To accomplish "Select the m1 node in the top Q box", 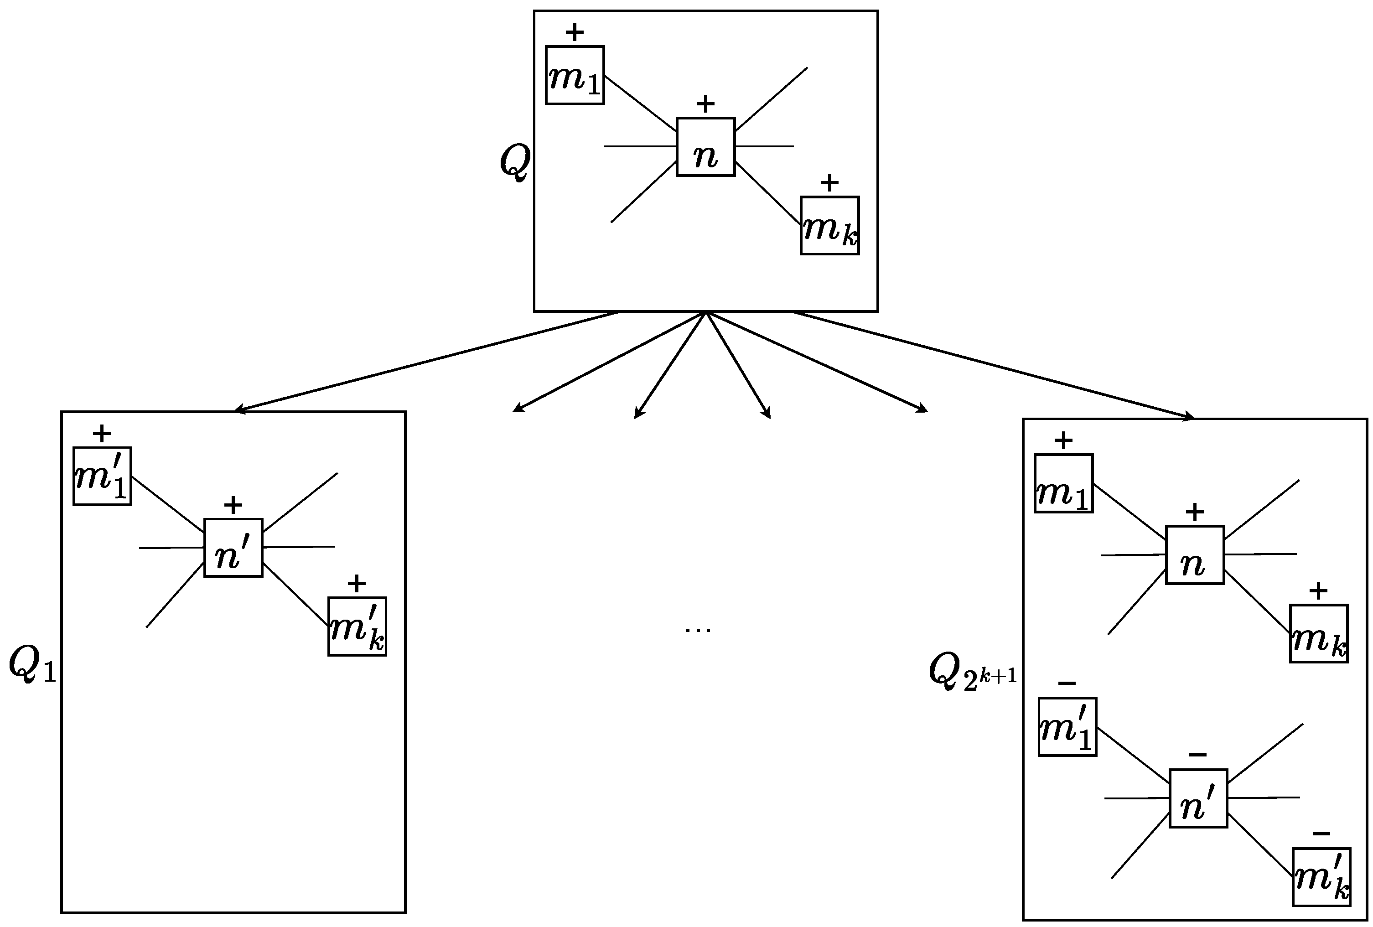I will point(574,75).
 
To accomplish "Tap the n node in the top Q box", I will point(705,147).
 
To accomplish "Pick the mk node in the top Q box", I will point(829,226).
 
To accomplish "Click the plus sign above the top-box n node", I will point(705,104).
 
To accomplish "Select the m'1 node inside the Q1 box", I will point(102,476).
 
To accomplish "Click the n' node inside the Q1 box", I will point(233,548).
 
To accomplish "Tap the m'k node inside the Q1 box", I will point(357,626).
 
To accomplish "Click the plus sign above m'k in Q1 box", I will point(357,584).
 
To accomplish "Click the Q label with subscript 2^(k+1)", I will point(972,673).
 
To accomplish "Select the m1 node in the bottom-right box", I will point(1063,483).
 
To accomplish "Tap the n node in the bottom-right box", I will point(1195,555).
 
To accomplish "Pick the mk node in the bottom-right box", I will point(1319,633).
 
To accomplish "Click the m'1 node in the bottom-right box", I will point(1067,727).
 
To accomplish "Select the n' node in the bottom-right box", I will point(1198,798).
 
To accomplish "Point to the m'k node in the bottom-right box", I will point(1321,877).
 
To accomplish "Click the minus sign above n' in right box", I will point(1197,755).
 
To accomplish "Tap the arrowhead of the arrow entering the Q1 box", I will point(239,409).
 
